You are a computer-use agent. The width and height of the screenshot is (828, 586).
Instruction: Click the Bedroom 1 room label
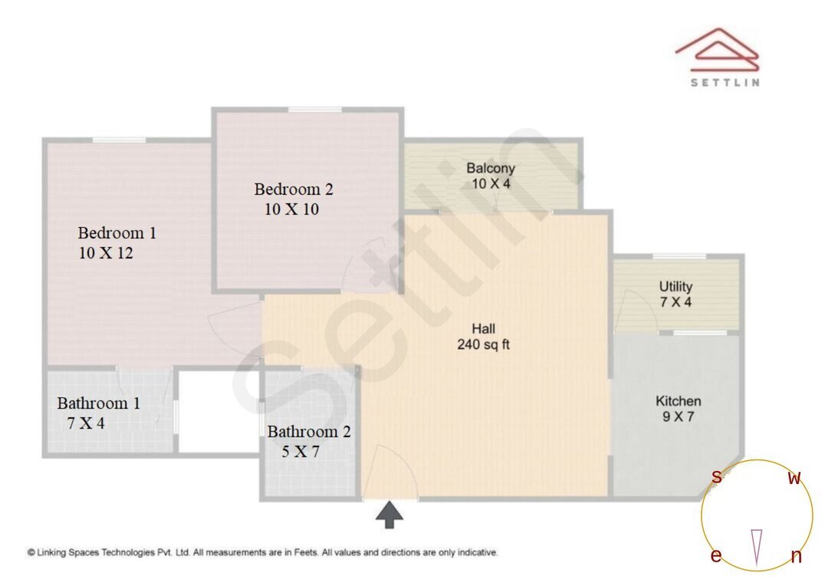point(117,232)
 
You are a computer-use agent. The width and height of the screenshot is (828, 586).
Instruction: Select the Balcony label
point(491,168)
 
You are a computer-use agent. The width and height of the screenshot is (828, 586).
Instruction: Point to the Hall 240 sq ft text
point(483,344)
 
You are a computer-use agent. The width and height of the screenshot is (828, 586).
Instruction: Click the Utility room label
point(675,286)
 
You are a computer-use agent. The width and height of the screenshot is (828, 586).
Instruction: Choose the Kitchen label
point(678,401)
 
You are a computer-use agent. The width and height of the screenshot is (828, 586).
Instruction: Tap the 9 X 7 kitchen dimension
point(678,417)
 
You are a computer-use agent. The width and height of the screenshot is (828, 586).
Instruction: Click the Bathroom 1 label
point(98,403)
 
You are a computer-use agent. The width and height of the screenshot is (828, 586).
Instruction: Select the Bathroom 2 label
point(308,432)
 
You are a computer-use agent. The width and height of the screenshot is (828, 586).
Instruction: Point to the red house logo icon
point(717,50)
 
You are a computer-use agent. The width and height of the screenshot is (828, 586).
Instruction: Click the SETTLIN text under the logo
point(724,83)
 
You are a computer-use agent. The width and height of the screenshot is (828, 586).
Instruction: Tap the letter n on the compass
point(796,557)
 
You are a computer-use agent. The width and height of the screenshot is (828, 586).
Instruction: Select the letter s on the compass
point(716,476)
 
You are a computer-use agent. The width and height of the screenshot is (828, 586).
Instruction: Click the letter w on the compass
point(794,478)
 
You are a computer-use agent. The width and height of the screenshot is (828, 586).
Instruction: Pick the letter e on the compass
point(715,556)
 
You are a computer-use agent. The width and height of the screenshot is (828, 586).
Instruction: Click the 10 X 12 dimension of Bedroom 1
point(106,253)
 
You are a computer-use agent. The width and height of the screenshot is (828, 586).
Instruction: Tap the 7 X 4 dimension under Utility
point(675,302)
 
